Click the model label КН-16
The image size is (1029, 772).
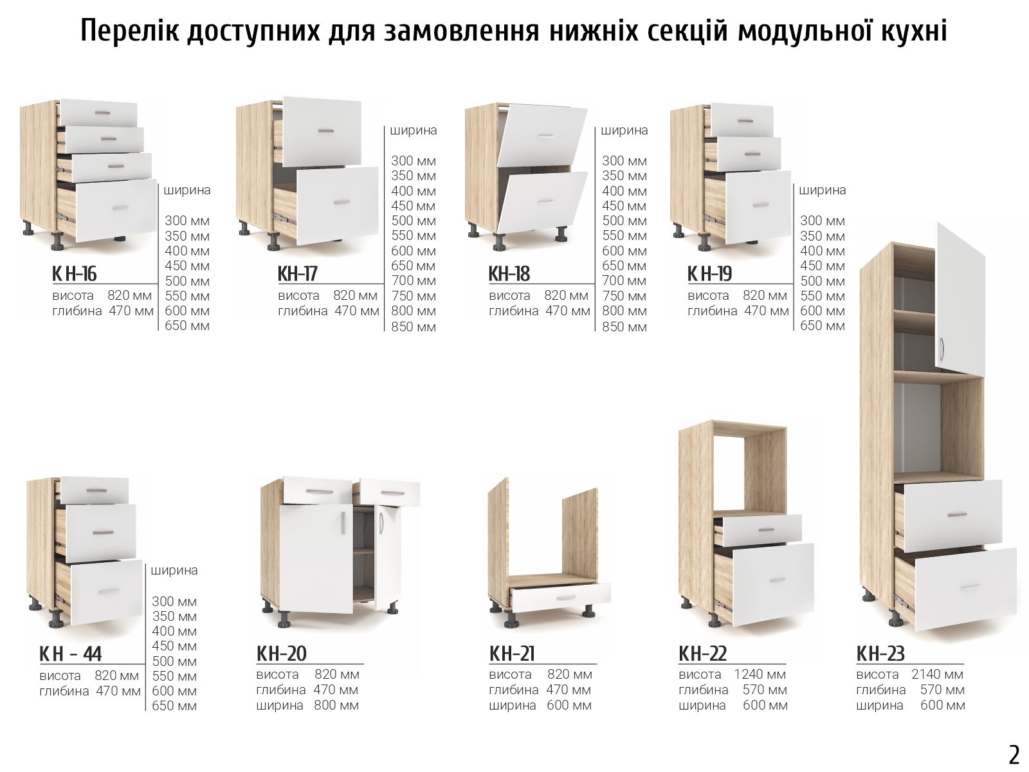tap(74, 274)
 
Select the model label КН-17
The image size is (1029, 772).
tap(297, 274)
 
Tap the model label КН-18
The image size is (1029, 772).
tap(509, 274)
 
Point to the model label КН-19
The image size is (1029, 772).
tap(709, 274)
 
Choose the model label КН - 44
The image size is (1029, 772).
tap(70, 654)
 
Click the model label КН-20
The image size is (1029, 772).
tap(281, 654)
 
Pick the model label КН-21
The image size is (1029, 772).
tap(512, 654)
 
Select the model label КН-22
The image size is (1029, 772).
tap(703, 654)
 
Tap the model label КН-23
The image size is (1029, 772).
tap(880, 654)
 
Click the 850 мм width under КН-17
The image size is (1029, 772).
tap(414, 327)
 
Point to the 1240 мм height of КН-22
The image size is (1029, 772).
tap(760, 674)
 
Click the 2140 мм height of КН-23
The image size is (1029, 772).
tap(938, 674)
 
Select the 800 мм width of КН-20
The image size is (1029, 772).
tap(336, 705)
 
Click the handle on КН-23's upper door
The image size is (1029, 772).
tap(941, 349)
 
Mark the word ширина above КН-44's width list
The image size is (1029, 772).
tap(174, 571)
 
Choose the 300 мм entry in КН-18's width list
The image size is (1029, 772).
tap(624, 161)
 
